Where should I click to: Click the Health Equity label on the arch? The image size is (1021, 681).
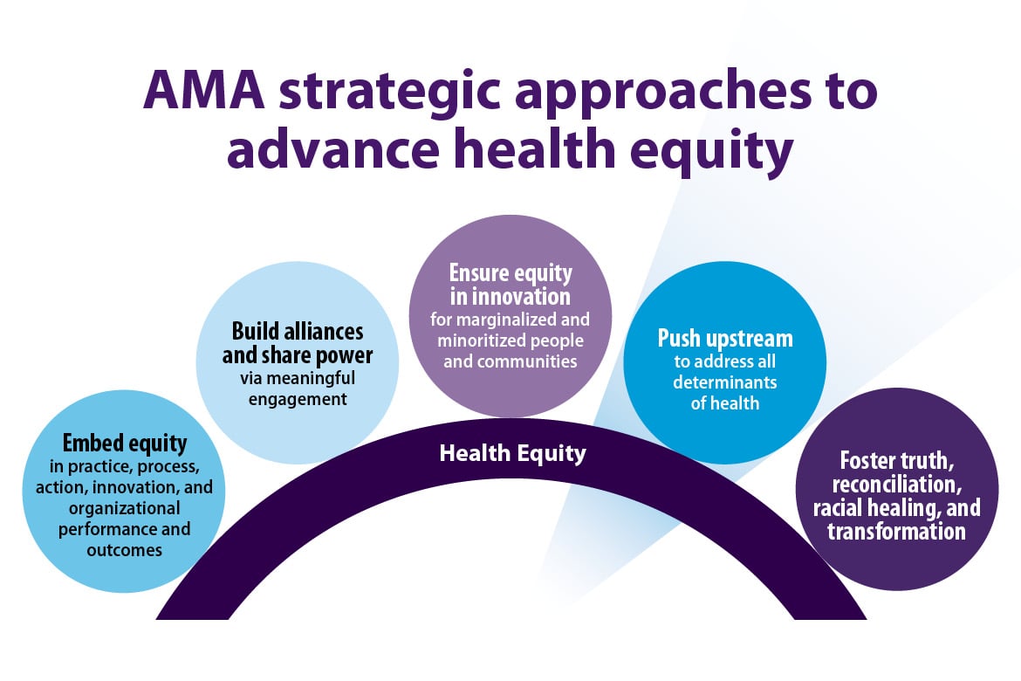[512, 453]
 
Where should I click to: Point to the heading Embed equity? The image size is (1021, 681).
[124, 443]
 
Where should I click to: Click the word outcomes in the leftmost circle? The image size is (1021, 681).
[124, 550]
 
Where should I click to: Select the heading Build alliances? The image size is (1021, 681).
[298, 332]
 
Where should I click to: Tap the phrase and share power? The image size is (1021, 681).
[298, 355]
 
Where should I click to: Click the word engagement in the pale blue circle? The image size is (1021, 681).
[298, 400]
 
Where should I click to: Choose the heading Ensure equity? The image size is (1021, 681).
[510, 273]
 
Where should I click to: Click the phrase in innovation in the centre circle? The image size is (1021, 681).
[510, 296]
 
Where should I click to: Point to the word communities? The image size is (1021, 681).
[510, 361]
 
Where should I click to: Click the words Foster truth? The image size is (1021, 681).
[897, 460]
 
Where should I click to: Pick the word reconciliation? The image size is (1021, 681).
[897, 484]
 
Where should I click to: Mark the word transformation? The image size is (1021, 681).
[897, 531]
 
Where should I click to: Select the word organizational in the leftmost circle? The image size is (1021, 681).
[124, 507]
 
